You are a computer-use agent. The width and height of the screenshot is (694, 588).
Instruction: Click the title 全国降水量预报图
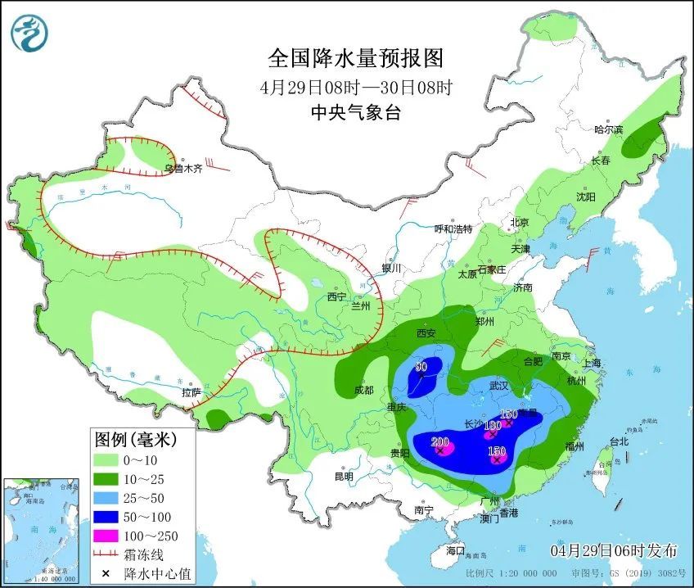pos(355,58)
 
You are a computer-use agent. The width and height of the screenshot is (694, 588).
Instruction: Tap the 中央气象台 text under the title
pos(355,113)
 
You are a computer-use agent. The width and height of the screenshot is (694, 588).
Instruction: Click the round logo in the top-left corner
pos(29,33)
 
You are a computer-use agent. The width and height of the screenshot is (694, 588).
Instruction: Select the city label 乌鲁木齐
pos(182,169)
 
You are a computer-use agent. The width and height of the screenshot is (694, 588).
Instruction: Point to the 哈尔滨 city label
pos(608,129)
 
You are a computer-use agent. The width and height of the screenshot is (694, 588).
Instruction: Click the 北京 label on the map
pos(520,222)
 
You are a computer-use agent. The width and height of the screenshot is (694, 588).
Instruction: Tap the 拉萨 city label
pos(192,392)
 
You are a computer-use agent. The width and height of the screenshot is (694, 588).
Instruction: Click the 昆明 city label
pos(344,477)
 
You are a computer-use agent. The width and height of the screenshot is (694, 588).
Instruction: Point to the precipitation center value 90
pos(421,367)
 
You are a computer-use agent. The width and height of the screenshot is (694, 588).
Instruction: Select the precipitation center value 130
pos(492,425)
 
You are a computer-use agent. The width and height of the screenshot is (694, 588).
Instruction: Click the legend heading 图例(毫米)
pos(134,440)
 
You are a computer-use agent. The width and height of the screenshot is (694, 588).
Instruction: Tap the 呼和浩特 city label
pos(453,228)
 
